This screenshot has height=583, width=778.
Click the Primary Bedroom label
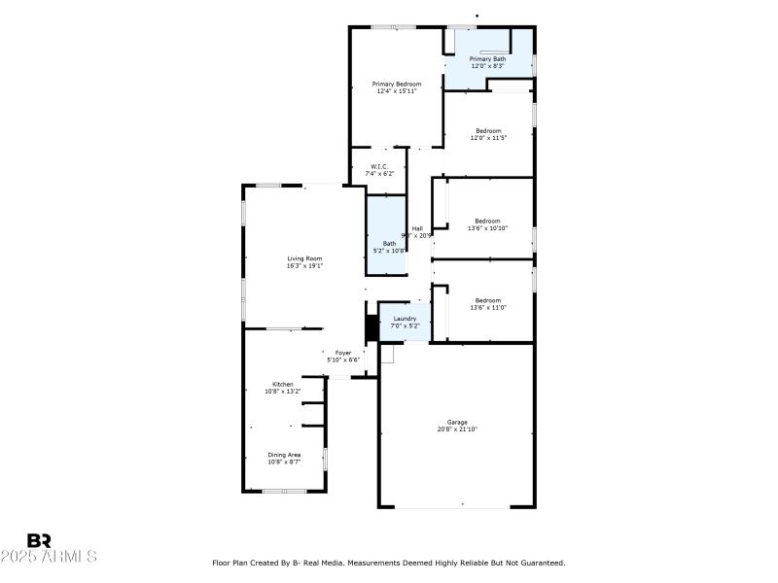(397, 85)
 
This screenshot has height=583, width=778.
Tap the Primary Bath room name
(488, 59)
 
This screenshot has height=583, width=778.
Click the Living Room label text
(304, 258)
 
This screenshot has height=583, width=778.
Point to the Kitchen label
(283, 384)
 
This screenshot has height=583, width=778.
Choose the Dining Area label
(284, 455)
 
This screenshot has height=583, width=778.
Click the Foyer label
(343, 353)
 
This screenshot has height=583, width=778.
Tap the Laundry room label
(405, 319)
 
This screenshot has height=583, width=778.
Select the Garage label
(457, 422)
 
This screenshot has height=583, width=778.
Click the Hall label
(417, 228)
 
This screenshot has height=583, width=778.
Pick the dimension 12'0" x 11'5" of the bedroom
(488, 138)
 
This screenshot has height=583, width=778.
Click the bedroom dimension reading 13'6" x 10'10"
(488, 228)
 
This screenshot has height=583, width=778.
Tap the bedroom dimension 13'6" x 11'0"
(488, 307)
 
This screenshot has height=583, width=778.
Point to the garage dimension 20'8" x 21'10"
(457, 429)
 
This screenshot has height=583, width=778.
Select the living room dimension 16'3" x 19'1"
(304, 265)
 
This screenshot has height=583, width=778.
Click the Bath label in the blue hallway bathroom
(389, 243)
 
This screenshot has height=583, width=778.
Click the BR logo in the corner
(39, 540)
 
